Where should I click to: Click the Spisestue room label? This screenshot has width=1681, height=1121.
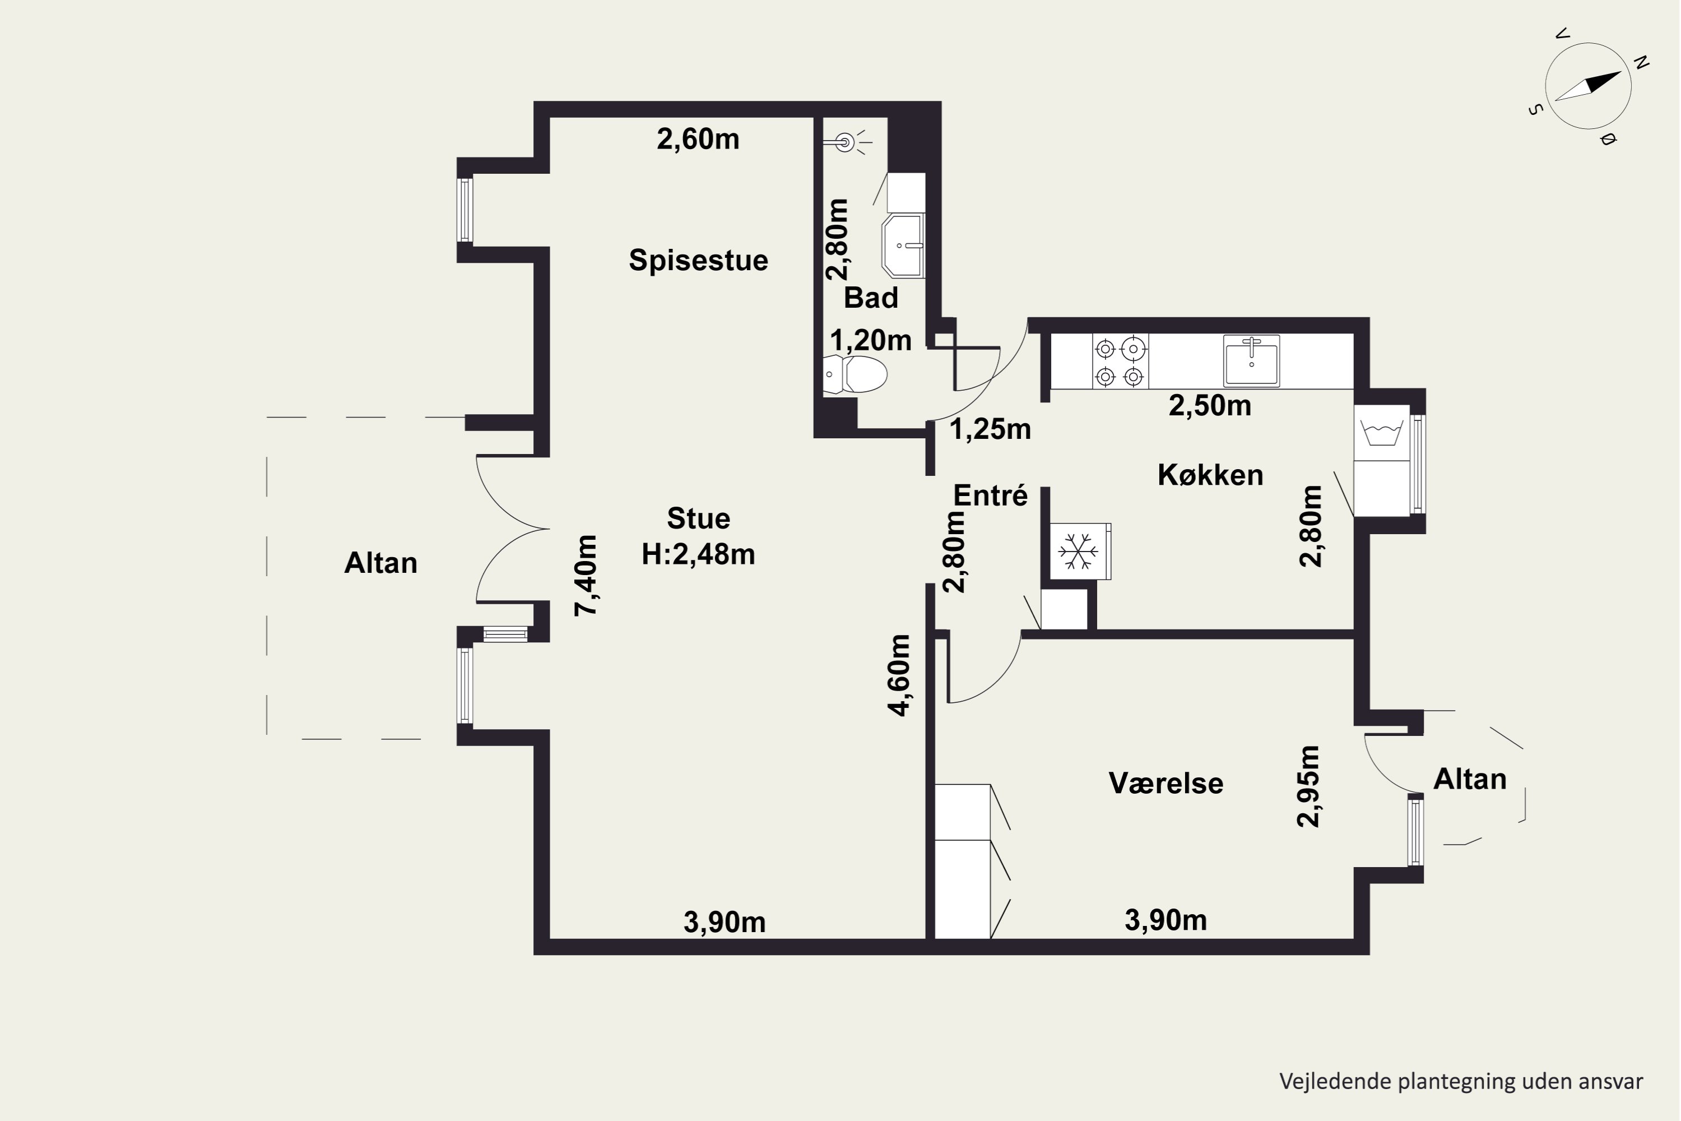(698, 260)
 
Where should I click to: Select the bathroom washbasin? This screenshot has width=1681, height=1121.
(903, 245)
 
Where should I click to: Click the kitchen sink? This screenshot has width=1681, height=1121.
(1251, 360)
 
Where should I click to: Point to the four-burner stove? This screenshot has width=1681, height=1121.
(1120, 362)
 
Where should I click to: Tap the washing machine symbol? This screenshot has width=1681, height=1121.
(1382, 433)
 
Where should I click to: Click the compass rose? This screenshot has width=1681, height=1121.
(1588, 86)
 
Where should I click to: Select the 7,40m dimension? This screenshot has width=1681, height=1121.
(586, 576)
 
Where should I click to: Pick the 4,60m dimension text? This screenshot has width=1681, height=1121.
(899, 675)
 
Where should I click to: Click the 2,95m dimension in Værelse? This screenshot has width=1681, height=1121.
(1308, 786)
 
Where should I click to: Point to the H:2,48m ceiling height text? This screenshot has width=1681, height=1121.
(698, 555)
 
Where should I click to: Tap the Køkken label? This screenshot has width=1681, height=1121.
(1210, 475)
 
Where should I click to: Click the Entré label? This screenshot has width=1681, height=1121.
(991, 495)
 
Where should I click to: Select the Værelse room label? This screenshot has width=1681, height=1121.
(1165, 784)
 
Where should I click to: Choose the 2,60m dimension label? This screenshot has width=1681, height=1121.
(698, 140)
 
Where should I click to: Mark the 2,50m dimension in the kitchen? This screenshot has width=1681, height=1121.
(1210, 406)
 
